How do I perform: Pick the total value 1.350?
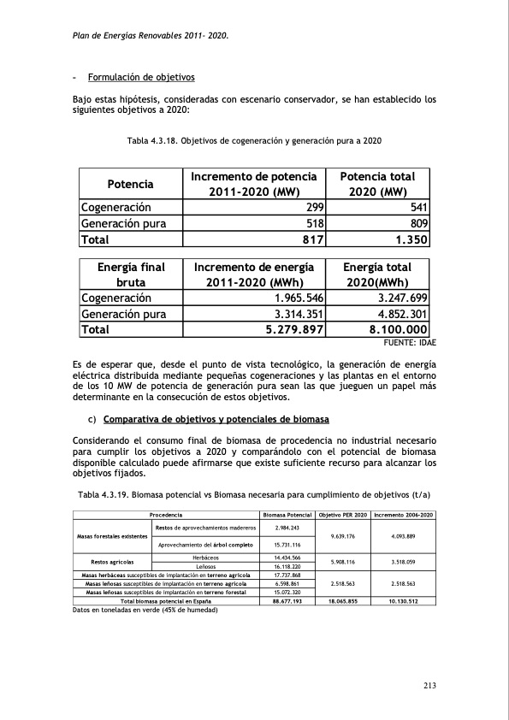click(x=405, y=239)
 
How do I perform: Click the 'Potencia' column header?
click(x=130, y=184)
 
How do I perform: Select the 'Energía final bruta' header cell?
click(x=130, y=275)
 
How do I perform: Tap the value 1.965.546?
click(x=294, y=298)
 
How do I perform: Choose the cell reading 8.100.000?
click(x=393, y=330)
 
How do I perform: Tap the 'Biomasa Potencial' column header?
click(x=287, y=516)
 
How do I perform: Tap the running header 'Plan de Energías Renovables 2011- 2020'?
click(x=151, y=37)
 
